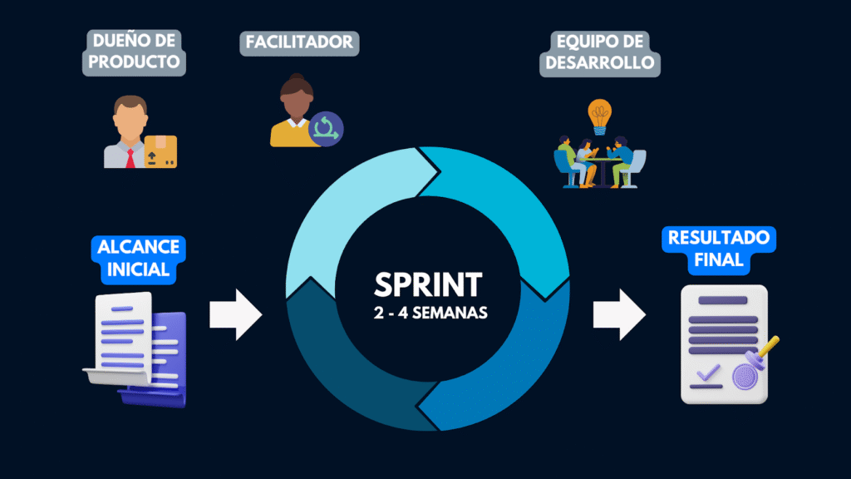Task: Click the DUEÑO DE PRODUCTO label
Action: pyautogui.click(x=133, y=52)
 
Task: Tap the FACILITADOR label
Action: pyautogui.click(x=298, y=42)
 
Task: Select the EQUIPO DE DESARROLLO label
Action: pyautogui.click(x=599, y=52)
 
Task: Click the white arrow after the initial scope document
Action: pyautogui.click(x=235, y=314)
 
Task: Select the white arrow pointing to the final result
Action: pyautogui.click(x=619, y=314)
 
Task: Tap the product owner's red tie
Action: pyautogui.click(x=130, y=156)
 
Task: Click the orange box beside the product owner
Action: pyautogui.click(x=160, y=152)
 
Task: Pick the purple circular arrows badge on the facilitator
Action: pyautogui.click(x=326, y=128)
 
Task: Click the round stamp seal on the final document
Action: pyautogui.click(x=745, y=377)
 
